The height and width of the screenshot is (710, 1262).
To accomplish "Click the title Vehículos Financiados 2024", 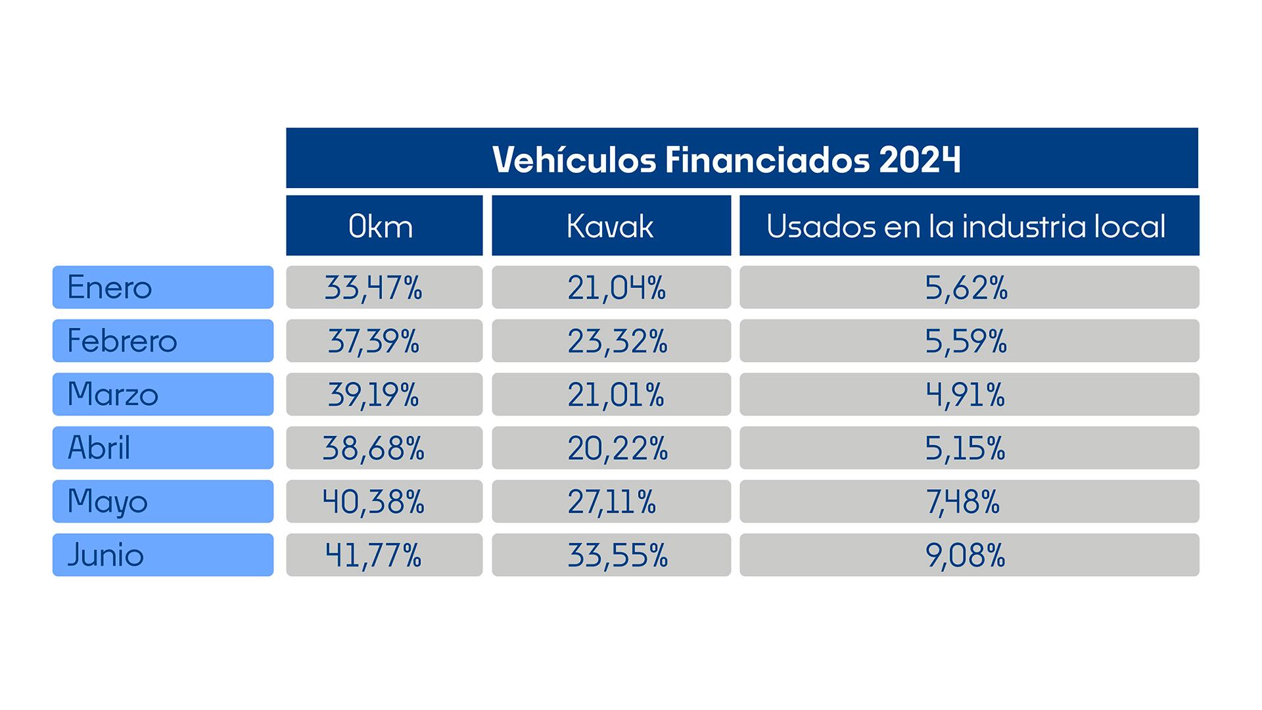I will (x=726, y=159).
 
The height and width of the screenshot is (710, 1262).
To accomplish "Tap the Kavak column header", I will (x=610, y=226).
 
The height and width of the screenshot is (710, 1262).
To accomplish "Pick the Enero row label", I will (x=110, y=287).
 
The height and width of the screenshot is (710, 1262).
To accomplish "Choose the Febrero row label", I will (x=122, y=341).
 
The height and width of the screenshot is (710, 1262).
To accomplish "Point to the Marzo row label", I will (x=113, y=394).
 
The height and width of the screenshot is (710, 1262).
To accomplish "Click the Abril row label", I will (x=99, y=448).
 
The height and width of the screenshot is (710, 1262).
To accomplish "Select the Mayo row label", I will (x=108, y=502).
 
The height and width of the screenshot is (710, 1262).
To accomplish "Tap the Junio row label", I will (x=106, y=555).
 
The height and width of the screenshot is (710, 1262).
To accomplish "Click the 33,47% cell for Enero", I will (x=373, y=287).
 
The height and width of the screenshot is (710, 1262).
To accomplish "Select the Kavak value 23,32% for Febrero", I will (x=617, y=341).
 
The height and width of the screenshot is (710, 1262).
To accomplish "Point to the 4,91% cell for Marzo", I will (x=966, y=394).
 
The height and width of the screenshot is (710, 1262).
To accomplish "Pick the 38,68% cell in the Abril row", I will (x=373, y=448).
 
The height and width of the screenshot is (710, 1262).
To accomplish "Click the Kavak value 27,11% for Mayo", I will (x=612, y=502).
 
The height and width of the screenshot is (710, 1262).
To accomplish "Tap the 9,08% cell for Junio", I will (x=966, y=555).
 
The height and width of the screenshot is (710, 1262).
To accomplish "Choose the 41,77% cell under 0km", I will (x=373, y=555).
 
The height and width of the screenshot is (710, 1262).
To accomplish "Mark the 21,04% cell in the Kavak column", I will (x=617, y=287).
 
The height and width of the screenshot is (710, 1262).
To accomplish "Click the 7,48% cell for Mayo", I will (x=963, y=502).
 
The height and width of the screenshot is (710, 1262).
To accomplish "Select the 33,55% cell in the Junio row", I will (x=617, y=555).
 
